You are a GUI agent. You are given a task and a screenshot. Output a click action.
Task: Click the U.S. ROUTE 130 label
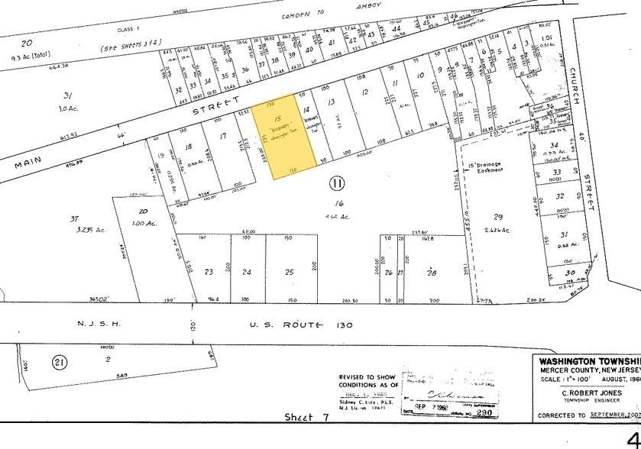coord(301,325)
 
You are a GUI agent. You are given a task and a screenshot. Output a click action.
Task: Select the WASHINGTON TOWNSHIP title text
coord(588,361)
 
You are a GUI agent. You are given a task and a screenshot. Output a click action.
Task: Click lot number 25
coord(290,271)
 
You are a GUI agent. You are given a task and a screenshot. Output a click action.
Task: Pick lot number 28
coord(431,272)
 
